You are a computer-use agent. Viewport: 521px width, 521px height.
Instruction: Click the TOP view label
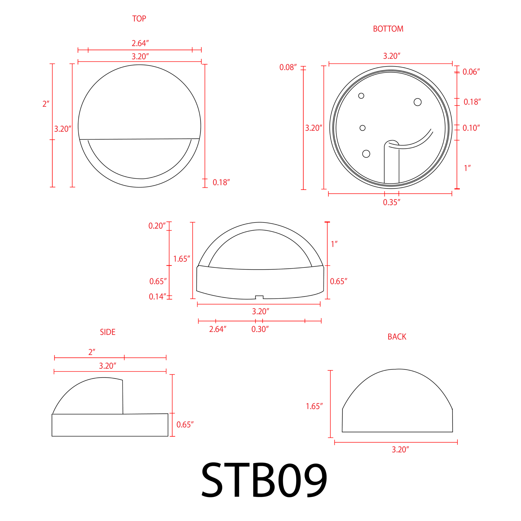point(139,19)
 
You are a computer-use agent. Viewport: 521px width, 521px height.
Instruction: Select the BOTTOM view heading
point(388,29)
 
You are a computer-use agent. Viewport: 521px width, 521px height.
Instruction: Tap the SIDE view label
point(108,332)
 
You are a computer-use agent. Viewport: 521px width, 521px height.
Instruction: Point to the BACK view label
point(397,337)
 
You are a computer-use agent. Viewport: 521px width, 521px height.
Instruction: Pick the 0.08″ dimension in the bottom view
point(288,67)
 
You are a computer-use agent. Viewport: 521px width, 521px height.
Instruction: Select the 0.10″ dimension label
point(471,128)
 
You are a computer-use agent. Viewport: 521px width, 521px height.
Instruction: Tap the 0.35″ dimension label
point(392,202)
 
